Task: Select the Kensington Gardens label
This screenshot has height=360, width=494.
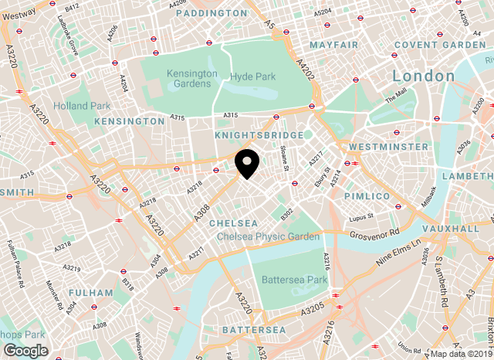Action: [x=192, y=78]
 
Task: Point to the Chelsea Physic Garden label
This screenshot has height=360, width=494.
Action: [x=268, y=236]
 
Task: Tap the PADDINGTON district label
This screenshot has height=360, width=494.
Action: [x=211, y=13]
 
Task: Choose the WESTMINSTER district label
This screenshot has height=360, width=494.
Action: [x=389, y=146]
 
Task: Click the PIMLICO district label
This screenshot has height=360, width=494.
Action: [x=367, y=196]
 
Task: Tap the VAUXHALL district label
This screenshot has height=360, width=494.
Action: [x=452, y=229]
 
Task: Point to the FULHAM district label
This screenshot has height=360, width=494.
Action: [x=91, y=293]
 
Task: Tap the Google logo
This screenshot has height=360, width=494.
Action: [x=25, y=350]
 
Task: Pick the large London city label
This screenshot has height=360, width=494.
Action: [x=423, y=76]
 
